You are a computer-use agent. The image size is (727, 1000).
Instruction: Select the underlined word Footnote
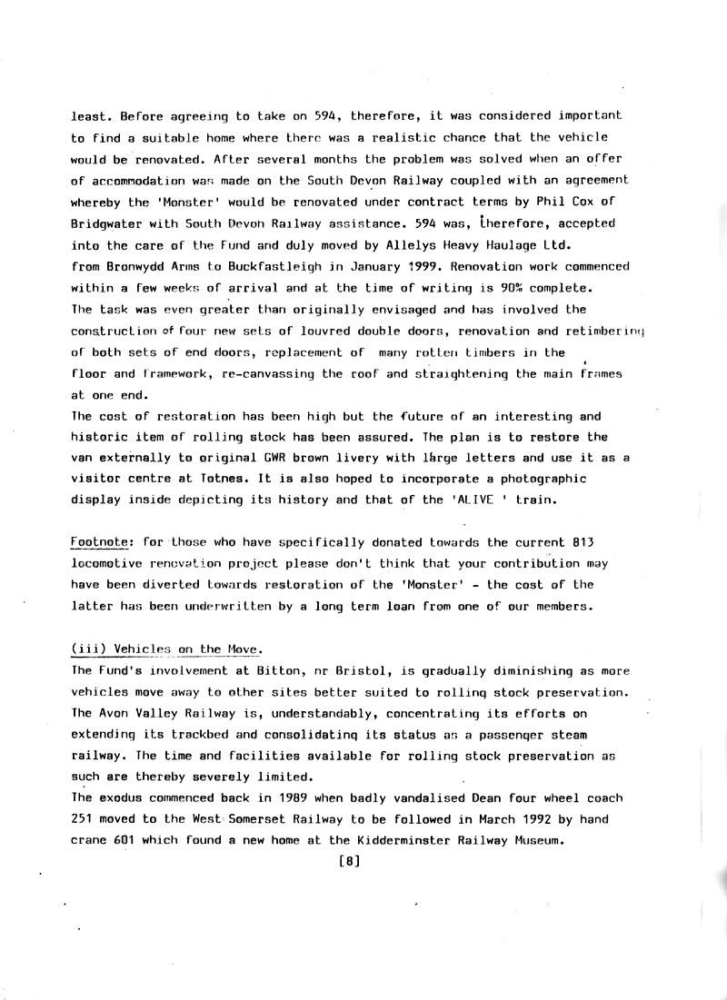click(x=100, y=543)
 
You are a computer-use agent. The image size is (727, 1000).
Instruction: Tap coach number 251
click(x=84, y=819)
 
